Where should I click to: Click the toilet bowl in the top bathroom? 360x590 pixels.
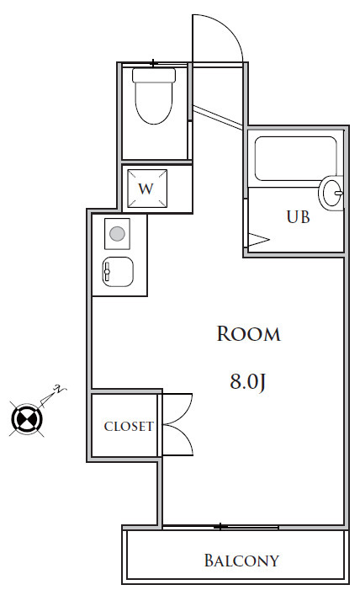[x=154, y=103]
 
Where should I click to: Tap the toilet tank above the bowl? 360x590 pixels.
[x=154, y=75]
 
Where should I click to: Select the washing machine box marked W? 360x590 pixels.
[x=147, y=189]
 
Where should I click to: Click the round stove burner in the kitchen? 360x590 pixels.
[x=117, y=234]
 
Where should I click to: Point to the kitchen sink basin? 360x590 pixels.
[x=118, y=272]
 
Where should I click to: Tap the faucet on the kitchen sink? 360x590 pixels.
[x=107, y=271]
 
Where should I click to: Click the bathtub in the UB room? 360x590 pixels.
[x=296, y=158]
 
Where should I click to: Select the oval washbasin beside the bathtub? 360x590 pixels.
[x=332, y=193]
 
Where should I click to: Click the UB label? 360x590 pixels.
[x=298, y=217]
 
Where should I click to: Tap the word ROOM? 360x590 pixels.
[x=249, y=334]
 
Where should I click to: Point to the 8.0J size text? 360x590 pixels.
[x=248, y=381]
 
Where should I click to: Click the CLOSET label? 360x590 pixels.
[x=129, y=427]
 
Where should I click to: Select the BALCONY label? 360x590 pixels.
[x=241, y=561]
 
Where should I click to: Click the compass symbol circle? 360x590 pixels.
[x=27, y=418]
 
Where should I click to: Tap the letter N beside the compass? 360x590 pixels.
[x=58, y=389]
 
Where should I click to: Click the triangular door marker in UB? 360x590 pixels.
[x=258, y=240]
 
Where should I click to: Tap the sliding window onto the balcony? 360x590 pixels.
[x=220, y=527]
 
